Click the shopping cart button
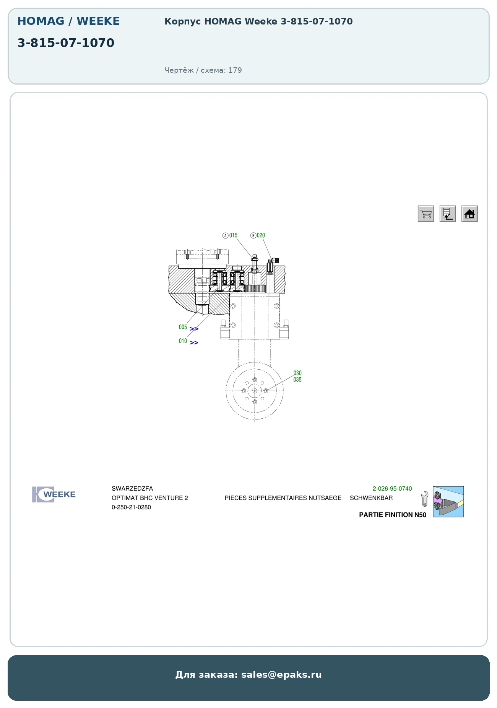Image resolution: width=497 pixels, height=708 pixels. (x=426, y=214)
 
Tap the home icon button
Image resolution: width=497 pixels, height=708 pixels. (x=469, y=214)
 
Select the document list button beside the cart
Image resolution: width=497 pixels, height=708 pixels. (x=448, y=214)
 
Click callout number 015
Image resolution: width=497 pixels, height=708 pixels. (x=233, y=235)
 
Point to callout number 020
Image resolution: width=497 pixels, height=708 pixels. (x=261, y=235)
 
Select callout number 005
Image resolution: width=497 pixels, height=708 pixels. (x=183, y=327)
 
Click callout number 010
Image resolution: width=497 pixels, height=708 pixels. (x=183, y=341)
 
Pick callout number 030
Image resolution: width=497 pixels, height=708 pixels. (x=297, y=373)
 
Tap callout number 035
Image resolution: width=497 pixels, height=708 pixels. (x=297, y=380)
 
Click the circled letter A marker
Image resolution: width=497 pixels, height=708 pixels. (x=226, y=235)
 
